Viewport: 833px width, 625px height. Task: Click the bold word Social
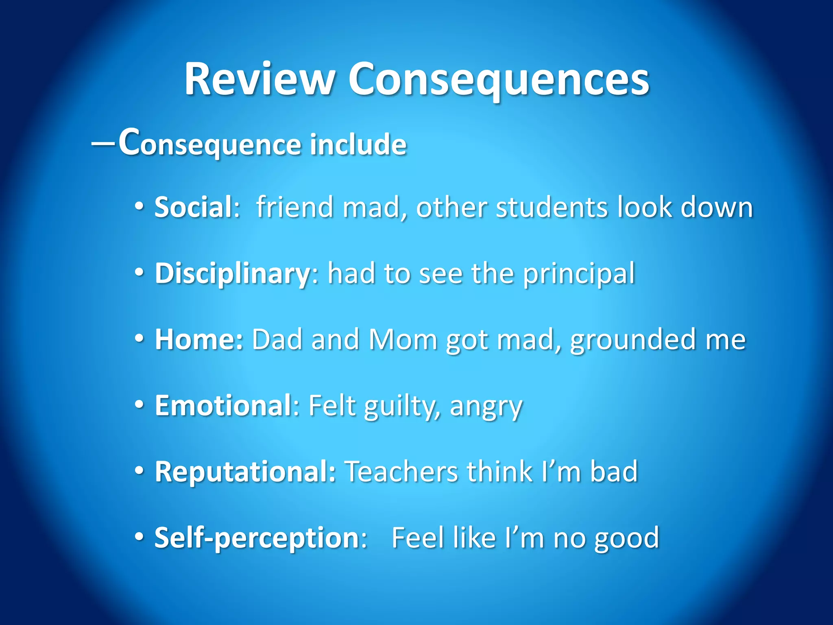(x=194, y=207)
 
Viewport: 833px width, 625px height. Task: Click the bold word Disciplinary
(x=233, y=273)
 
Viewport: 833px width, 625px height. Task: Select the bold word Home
(x=198, y=339)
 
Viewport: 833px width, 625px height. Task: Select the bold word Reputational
(x=245, y=472)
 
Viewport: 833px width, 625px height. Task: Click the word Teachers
(x=401, y=472)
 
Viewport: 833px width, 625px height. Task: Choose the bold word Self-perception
(x=257, y=538)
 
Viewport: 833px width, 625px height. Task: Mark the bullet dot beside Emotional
(x=139, y=405)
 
